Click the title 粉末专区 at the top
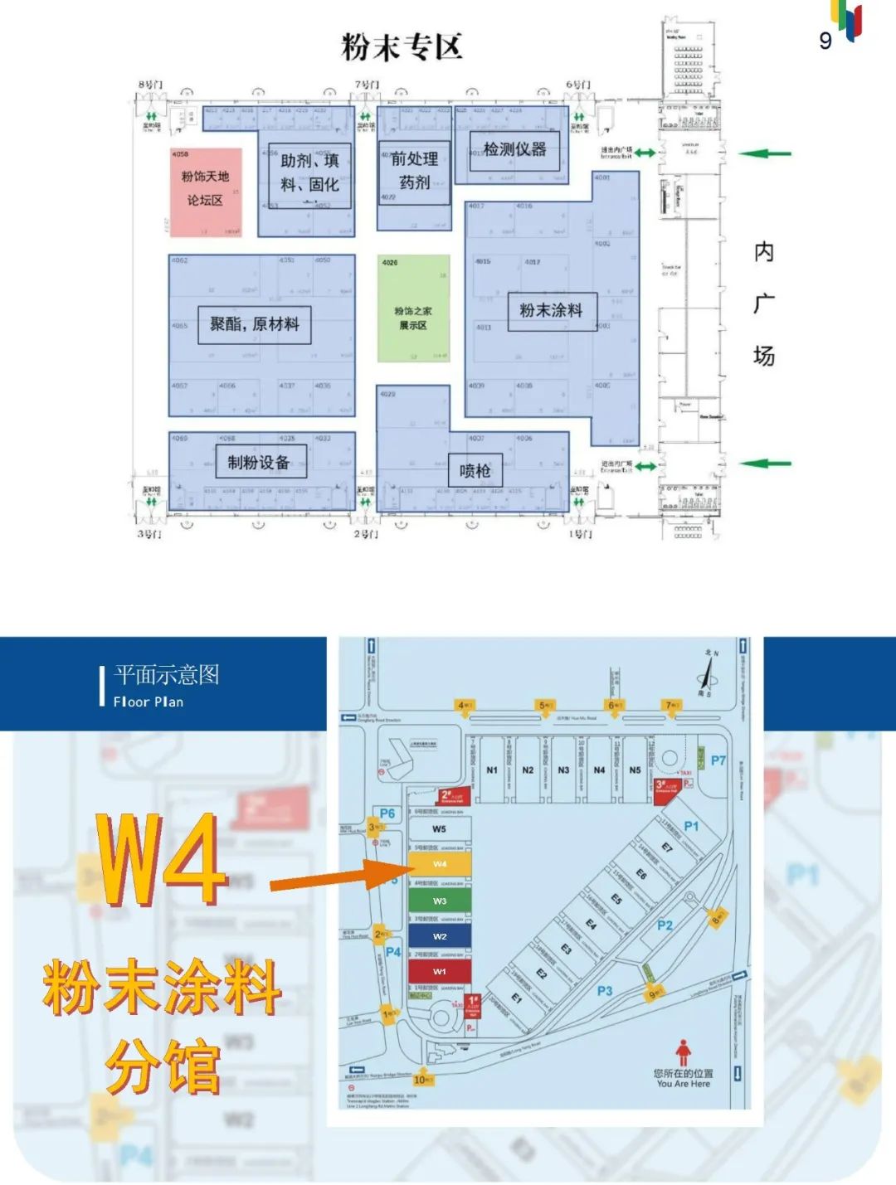[x=402, y=47]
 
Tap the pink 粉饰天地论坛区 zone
[x=206, y=190]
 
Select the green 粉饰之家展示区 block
[x=413, y=308]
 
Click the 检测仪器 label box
[x=514, y=150]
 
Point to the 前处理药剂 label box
[x=415, y=171]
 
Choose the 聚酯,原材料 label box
[x=254, y=324]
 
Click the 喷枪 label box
[x=475, y=471]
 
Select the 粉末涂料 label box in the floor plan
[x=551, y=311]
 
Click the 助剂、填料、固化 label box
[x=309, y=172]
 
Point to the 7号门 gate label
[x=367, y=85]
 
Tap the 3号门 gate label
[x=149, y=533]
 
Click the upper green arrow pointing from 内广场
[x=764, y=153]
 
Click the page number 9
[x=825, y=41]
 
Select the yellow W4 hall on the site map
[x=440, y=864]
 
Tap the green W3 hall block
[x=440, y=901]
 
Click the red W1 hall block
[x=440, y=971]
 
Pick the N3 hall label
[x=563, y=770]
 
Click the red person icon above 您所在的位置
[x=682, y=1053]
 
